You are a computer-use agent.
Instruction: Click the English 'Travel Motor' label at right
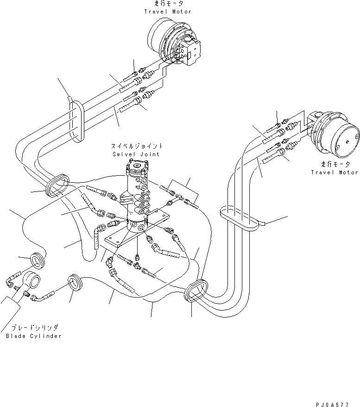[x=335, y=172]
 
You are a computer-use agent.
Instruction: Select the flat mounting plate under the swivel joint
[x=134, y=237]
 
